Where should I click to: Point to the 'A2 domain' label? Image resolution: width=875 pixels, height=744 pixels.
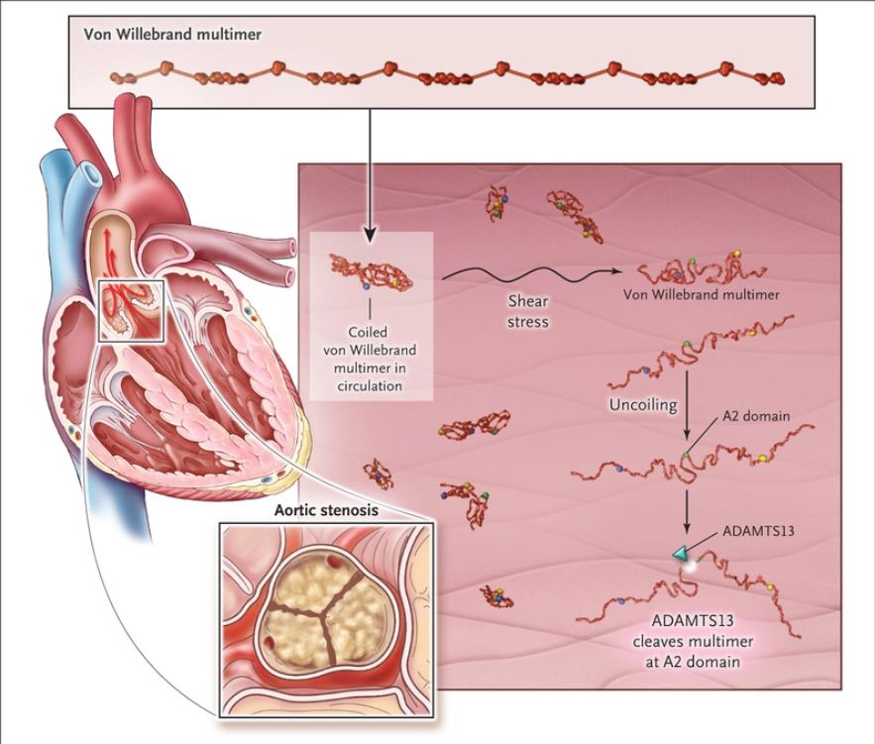click(x=758, y=416)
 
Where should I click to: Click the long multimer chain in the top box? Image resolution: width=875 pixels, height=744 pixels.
click(x=446, y=76)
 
